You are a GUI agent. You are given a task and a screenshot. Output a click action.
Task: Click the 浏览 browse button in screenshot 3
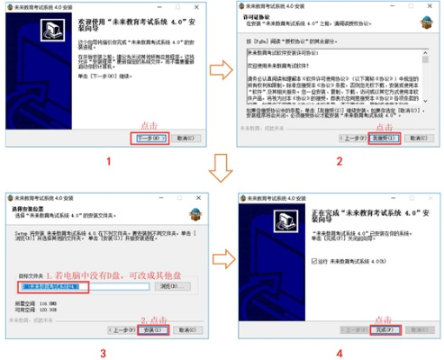167,286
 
